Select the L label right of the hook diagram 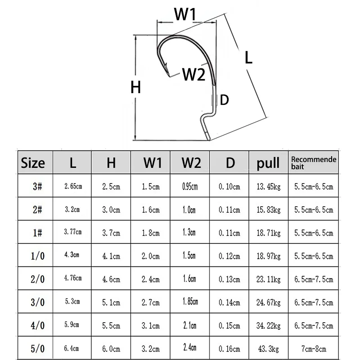[x=248, y=57]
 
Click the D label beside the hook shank [x=224, y=100]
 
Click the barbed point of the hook [x=165, y=71]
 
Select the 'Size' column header [x=33, y=162]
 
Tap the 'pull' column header [x=268, y=162]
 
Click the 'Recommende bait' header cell [x=314, y=162]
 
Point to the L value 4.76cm [x=72, y=279]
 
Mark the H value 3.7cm [x=111, y=233]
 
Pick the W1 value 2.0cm [x=150, y=256]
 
